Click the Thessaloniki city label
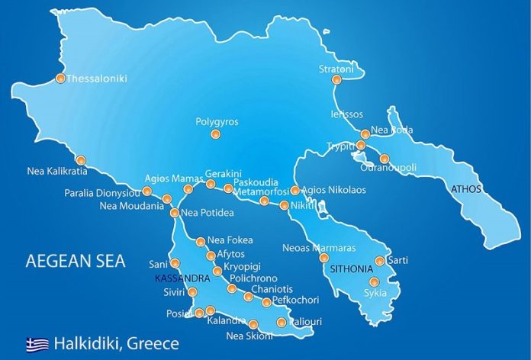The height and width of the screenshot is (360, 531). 97,79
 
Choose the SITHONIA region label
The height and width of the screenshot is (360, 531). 351,269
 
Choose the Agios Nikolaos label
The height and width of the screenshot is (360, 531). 334,190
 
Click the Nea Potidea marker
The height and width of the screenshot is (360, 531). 175,213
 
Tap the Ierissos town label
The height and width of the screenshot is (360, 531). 346,114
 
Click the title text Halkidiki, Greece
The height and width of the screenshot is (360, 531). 116,343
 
